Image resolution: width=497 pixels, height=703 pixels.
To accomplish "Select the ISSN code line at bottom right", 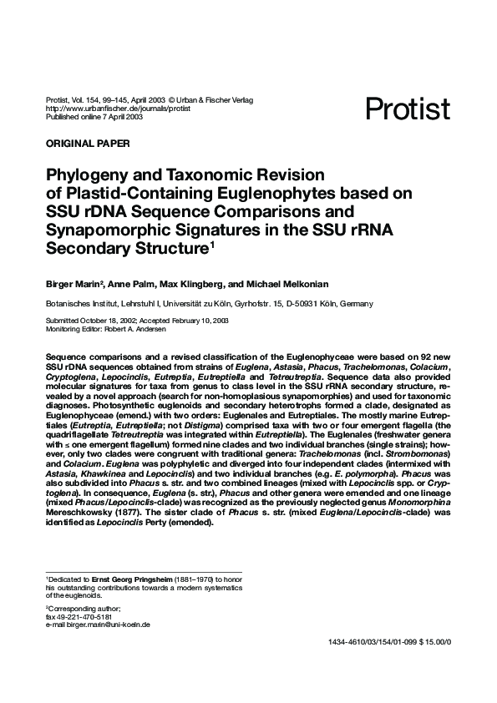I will (x=391, y=642).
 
